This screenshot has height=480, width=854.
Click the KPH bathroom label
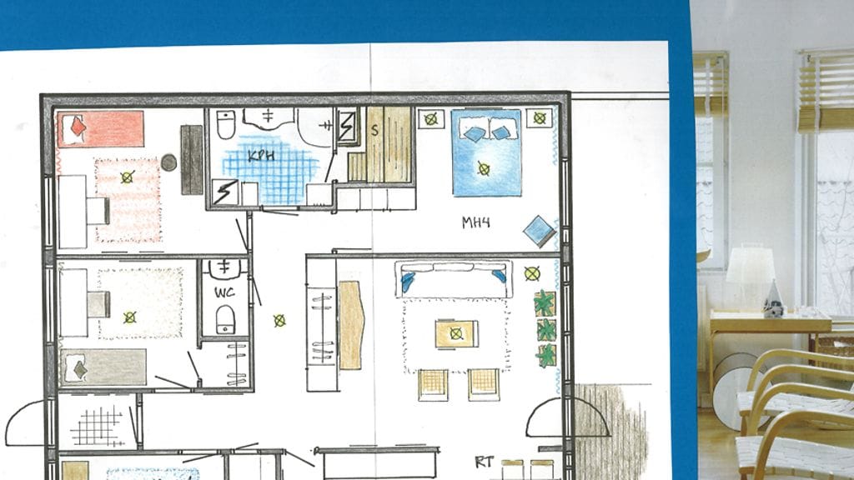pyautogui.click(x=261, y=156)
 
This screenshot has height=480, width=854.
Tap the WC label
pyautogui.click(x=224, y=292)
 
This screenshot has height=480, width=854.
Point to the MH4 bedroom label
pyautogui.click(x=476, y=222)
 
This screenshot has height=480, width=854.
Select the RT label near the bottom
pyautogui.click(x=485, y=462)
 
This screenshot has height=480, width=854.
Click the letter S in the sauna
pyautogui.click(x=374, y=130)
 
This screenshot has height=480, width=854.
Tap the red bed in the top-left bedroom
pyautogui.click(x=101, y=129)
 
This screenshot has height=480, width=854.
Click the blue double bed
pyautogui.click(x=486, y=153)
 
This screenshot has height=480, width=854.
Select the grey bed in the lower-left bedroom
pyautogui.click(x=103, y=367)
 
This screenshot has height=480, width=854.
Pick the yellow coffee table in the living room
pyautogui.click(x=456, y=333)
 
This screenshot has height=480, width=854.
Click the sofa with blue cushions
pyautogui.click(x=455, y=279)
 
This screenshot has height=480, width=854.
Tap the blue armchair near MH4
pyautogui.click(x=540, y=231)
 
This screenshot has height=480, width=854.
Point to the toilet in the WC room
pyautogui.click(x=225, y=319)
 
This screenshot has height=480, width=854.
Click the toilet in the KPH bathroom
pyautogui.click(x=225, y=125)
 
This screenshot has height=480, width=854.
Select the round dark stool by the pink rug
pyautogui.click(x=168, y=162)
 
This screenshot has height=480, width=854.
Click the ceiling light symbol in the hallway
pyautogui.click(x=279, y=321)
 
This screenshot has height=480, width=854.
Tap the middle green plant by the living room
pyautogui.click(x=545, y=330)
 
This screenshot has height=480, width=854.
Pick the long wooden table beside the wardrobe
pyautogui.click(x=351, y=325)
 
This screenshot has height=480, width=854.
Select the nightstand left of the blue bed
pyautogui.click(x=431, y=118)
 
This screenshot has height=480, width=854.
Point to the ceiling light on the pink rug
pyautogui.click(x=127, y=177)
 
